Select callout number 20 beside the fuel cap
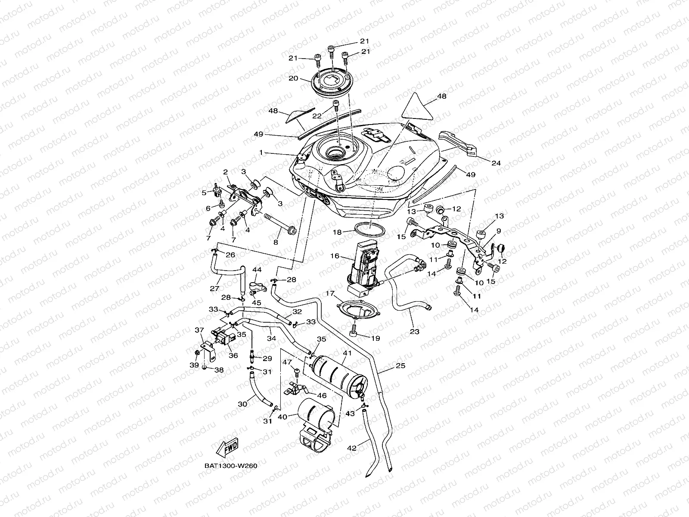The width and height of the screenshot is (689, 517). [x=305, y=78]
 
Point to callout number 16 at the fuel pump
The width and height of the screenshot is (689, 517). [x=335, y=256]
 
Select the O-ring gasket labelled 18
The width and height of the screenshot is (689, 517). [x=369, y=229]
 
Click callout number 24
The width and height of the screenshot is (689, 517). [x=496, y=163]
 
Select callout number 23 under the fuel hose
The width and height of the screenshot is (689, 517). [x=415, y=332]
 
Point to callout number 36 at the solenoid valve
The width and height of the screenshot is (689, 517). [x=233, y=355]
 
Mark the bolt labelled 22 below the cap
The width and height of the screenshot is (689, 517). [x=336, y=105]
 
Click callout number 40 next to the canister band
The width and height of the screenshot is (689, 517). [x=282, y=417]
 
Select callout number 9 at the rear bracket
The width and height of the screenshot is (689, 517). [x=498, y=231]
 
